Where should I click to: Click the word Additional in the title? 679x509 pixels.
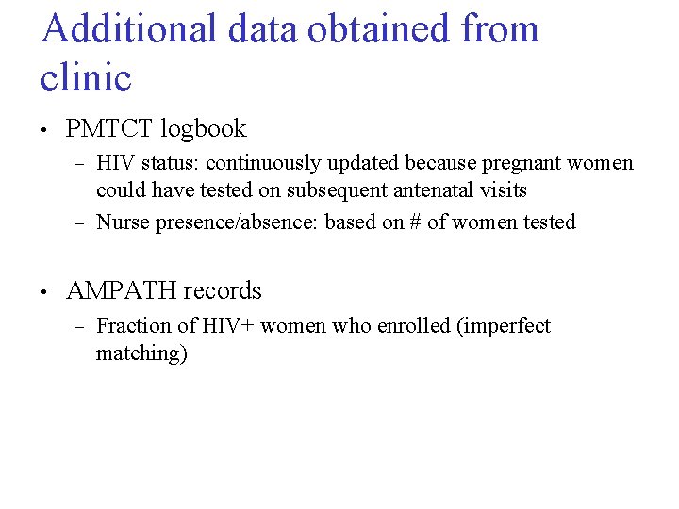pos(129,29)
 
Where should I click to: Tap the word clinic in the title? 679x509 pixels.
pos(86,77)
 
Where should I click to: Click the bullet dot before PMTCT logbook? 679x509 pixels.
pos(45,130)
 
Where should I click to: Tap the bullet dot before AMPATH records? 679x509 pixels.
pos(45,292)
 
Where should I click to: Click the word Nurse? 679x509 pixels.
pos(121,222)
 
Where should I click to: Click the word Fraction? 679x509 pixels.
pos(132,326)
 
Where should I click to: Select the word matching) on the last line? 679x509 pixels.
pos(141,354)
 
